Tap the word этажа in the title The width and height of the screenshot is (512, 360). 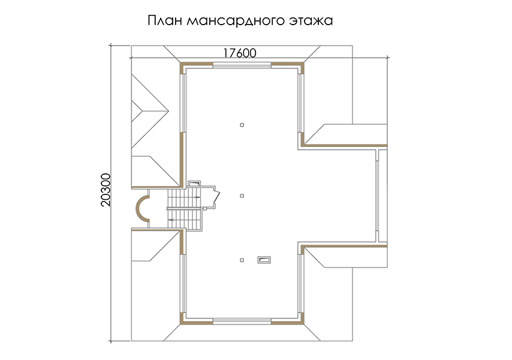coord(311,21)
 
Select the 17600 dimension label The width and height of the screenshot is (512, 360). coord(240,53)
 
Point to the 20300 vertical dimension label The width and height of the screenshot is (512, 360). coord(106,190)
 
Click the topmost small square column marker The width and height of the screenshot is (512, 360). coord(242,125)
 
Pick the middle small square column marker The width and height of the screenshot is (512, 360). coord(242,196)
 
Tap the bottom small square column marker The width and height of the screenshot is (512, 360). coord(242,260)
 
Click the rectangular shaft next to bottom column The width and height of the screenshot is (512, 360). coord(264,260)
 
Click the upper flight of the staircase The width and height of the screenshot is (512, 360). coord(184,197)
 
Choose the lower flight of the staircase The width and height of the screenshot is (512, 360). coord(184,219)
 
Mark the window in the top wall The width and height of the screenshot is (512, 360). coord(242,65)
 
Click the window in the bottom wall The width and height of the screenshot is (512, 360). coord(242,321)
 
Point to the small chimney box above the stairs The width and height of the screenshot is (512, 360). coord(194,184)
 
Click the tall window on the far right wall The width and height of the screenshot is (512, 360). coord(377,196)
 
